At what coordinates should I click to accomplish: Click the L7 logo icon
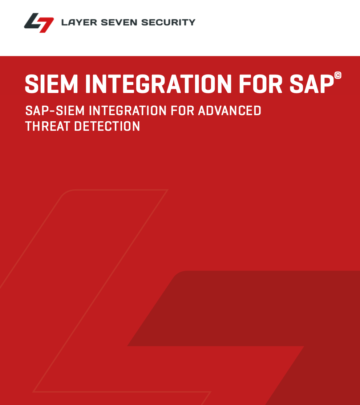pos(39,23)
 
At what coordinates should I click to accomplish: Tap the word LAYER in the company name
pos(77,22)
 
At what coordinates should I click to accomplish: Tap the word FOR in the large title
pos(260,84)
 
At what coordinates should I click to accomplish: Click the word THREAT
pos(46,126)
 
